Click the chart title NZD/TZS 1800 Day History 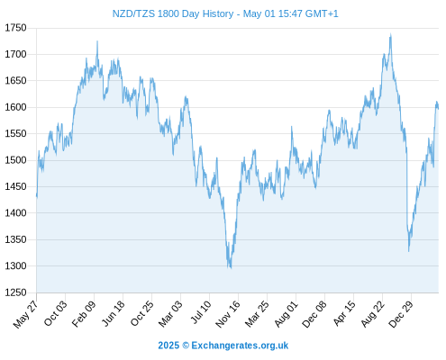point(173,13)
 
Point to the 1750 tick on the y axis point(15,28)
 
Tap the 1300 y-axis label point(15,265)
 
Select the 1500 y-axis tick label point(15,160)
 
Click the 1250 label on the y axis point(15,292)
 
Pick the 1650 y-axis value point(15,81)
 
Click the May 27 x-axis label point(26,314)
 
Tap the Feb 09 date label point(84,313)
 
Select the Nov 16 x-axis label point(228,314)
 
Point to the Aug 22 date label point(372,314)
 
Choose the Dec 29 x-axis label point(401,314)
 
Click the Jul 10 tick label point(201,312)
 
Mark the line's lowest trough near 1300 point(231,268)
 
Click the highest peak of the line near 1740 point(391,34)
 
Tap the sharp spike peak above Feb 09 point(97,41)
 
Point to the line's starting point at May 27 point(37,196)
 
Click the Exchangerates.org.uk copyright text point(240,346)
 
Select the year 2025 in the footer point(168,346)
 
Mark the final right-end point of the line point(438,109)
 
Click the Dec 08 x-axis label point(314,314)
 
